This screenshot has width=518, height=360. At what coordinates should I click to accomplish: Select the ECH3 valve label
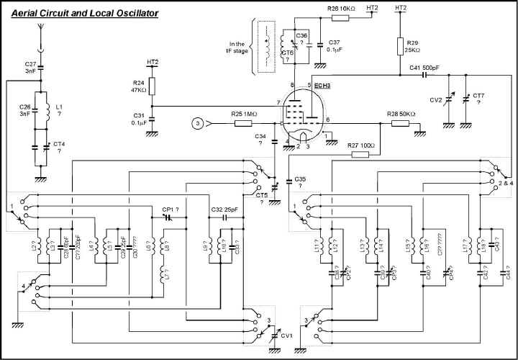tap(322, 86)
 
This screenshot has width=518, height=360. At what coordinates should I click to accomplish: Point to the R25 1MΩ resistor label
tap(244, 114)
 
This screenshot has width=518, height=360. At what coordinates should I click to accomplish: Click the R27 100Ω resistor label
tap(360, 145)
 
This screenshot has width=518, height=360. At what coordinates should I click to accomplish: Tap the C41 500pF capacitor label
tap(426, 67)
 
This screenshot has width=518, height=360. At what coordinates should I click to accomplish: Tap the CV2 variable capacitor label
tap(436, 99)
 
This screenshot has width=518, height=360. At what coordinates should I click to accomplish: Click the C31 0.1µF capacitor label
tap(140, 119)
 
